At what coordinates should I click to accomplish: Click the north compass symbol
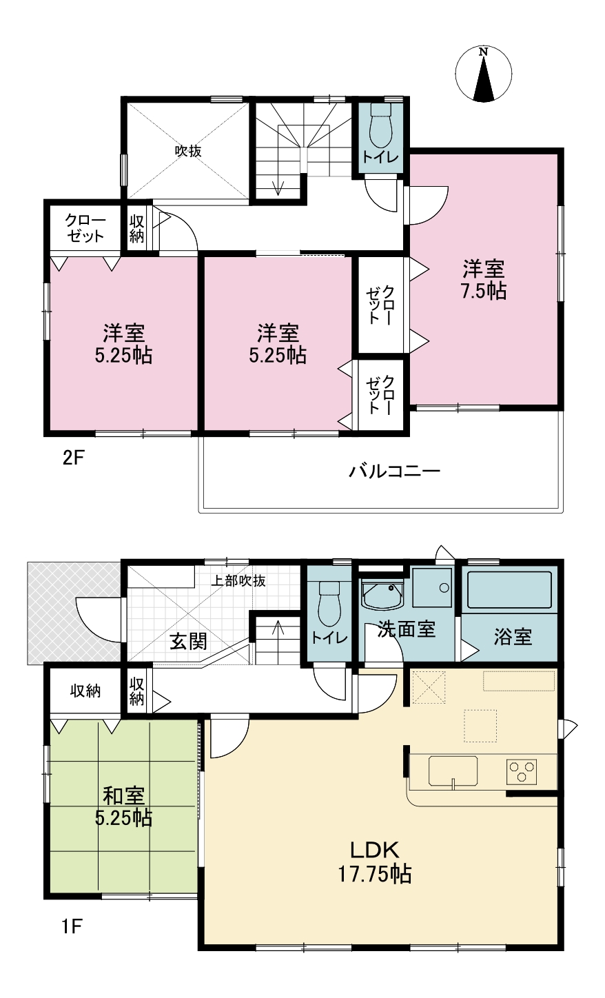tap(483, 74)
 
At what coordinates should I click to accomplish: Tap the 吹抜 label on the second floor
tap(187, 151)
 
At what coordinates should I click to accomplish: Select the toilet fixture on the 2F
tap(380, 126)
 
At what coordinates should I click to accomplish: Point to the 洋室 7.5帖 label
tap(483, 280)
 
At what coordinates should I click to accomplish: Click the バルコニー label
tap(394, 471)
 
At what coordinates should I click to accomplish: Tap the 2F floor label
tap(74, 458)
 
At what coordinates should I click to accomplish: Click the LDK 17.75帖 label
tap(375, 862)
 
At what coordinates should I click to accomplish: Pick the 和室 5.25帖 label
tap(123, 807)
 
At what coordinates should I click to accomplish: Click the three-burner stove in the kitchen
tap(521, 772)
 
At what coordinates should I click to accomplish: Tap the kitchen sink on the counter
tap(453, 771)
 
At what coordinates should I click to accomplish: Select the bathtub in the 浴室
tap(509, 590)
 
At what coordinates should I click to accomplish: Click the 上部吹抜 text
tap(238, 580)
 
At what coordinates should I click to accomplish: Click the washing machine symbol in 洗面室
tap(431, 588)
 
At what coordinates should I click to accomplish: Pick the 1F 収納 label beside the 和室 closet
tap(85, 691)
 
